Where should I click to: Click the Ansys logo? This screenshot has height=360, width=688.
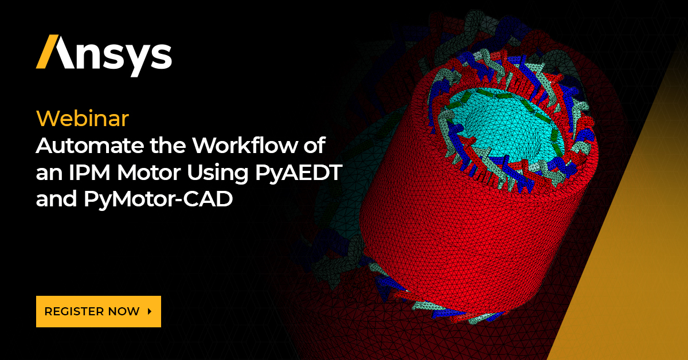104,54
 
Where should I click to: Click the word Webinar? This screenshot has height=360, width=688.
82,119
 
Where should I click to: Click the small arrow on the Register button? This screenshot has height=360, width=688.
150,311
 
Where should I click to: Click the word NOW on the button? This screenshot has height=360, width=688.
126,311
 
